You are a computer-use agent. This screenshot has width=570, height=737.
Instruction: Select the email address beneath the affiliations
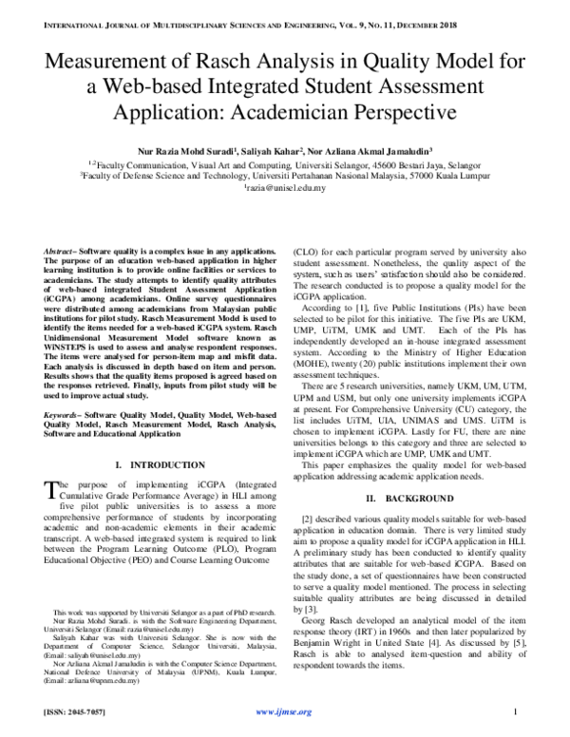point(284,187)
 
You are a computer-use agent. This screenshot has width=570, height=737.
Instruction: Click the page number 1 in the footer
point(513,711)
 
